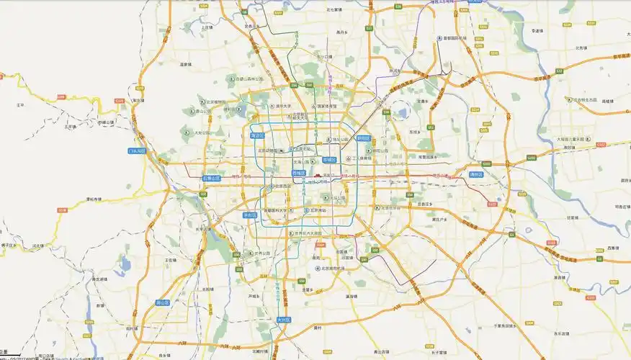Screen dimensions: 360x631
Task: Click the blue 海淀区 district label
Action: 256,135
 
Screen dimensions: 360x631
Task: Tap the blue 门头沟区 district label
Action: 137,151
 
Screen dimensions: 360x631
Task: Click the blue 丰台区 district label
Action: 251,215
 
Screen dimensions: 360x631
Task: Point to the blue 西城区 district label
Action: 298,174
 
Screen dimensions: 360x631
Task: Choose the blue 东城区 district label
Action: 329,160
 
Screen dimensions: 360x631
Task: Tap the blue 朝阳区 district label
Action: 363,138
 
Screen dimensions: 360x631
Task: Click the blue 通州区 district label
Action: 475,174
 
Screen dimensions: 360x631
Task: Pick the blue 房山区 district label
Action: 163,303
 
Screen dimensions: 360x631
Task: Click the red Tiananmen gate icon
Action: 317,174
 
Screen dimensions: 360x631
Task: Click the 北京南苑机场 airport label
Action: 333,268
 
